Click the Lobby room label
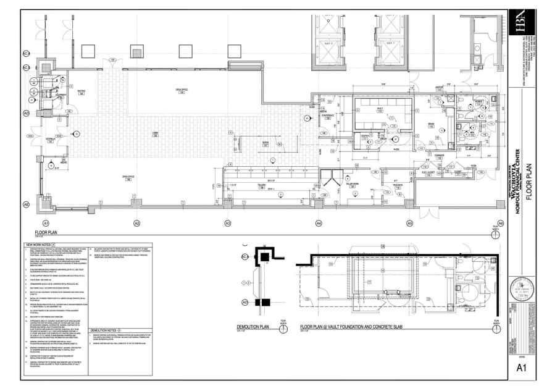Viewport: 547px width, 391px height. pos(156,134)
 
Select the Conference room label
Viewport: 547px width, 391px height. pos(327,116)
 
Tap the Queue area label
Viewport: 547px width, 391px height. pos(265,143)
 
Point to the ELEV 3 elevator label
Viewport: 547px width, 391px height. pos(328,44)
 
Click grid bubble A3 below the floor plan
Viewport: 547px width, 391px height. pos(227,222)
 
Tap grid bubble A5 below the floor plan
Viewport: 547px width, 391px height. pos(409,222)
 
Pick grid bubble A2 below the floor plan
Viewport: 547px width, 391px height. pos(136,222)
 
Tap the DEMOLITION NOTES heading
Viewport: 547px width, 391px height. pos(103,330)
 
